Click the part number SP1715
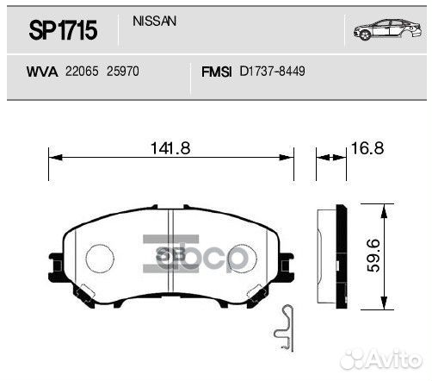coord(63,32)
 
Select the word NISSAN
coord(155,21)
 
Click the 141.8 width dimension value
coord(170,148)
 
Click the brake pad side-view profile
coord(327,255)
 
